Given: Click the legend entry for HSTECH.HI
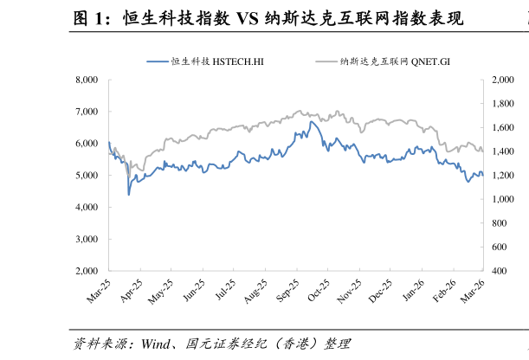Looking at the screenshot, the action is [x=205, y=61].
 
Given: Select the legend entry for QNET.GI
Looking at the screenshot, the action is [x=383, y=61].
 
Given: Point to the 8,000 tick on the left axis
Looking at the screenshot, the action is [x=87, y=80].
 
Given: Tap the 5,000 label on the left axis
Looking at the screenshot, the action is [x=87, y=176].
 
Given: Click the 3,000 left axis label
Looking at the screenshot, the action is [x=87, y=239].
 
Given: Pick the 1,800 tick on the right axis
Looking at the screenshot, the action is [x=503, y=104].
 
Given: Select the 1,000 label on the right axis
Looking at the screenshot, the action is [x=503, y=199].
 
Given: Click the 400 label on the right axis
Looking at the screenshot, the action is [x=499, y=271].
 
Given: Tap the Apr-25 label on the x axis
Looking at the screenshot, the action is [x=132, y=291].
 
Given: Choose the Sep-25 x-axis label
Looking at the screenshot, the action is [x=287, y=291].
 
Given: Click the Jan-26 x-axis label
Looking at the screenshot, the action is [x=413, y=290].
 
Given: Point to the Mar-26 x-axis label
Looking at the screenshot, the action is [x=473, y=292].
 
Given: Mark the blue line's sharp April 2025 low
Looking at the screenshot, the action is [x=128, y=195].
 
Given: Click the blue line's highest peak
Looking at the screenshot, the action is [x=311, y=122].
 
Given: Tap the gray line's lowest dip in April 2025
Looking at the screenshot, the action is [x=129, y=177].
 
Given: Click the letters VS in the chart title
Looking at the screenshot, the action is [x=247, y=18].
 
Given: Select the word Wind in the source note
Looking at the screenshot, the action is [x=156, y=344].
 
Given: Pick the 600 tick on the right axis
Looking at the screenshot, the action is [x=499, y=247].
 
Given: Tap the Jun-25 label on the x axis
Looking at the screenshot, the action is [x=193, y=291].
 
